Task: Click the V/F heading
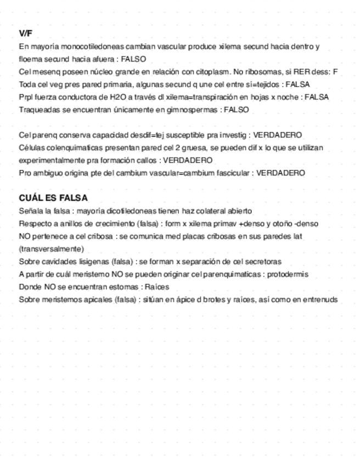pyautogui.click(x=25, y=33)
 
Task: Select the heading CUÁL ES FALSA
pyautogui.click(x=53, y=197)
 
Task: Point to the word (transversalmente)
pyautogui.click(x=51, y=249)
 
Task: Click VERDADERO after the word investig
pyautogui.click(x=278, y=135)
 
